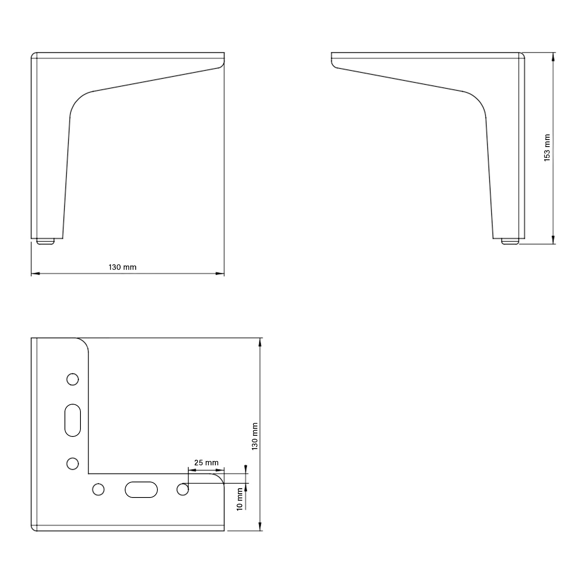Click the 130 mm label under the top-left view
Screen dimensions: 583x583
click(x=122, y=267)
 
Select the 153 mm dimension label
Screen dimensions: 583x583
click(x=547, y=148)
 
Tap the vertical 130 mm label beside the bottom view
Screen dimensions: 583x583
click(x=255, y=436)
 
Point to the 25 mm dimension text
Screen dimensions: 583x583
click(x=206, y=463)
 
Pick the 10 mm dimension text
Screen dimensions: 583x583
click(x=240, y=499)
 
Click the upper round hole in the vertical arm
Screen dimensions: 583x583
click(x=73, y=379)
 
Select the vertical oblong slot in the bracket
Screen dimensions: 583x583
click(x=72, y=420)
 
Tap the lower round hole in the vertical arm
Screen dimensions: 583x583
click(x=73, y=463)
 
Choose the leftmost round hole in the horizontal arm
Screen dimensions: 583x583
click(x=99, y=489)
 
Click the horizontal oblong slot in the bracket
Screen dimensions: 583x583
click(x=141, y=489)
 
